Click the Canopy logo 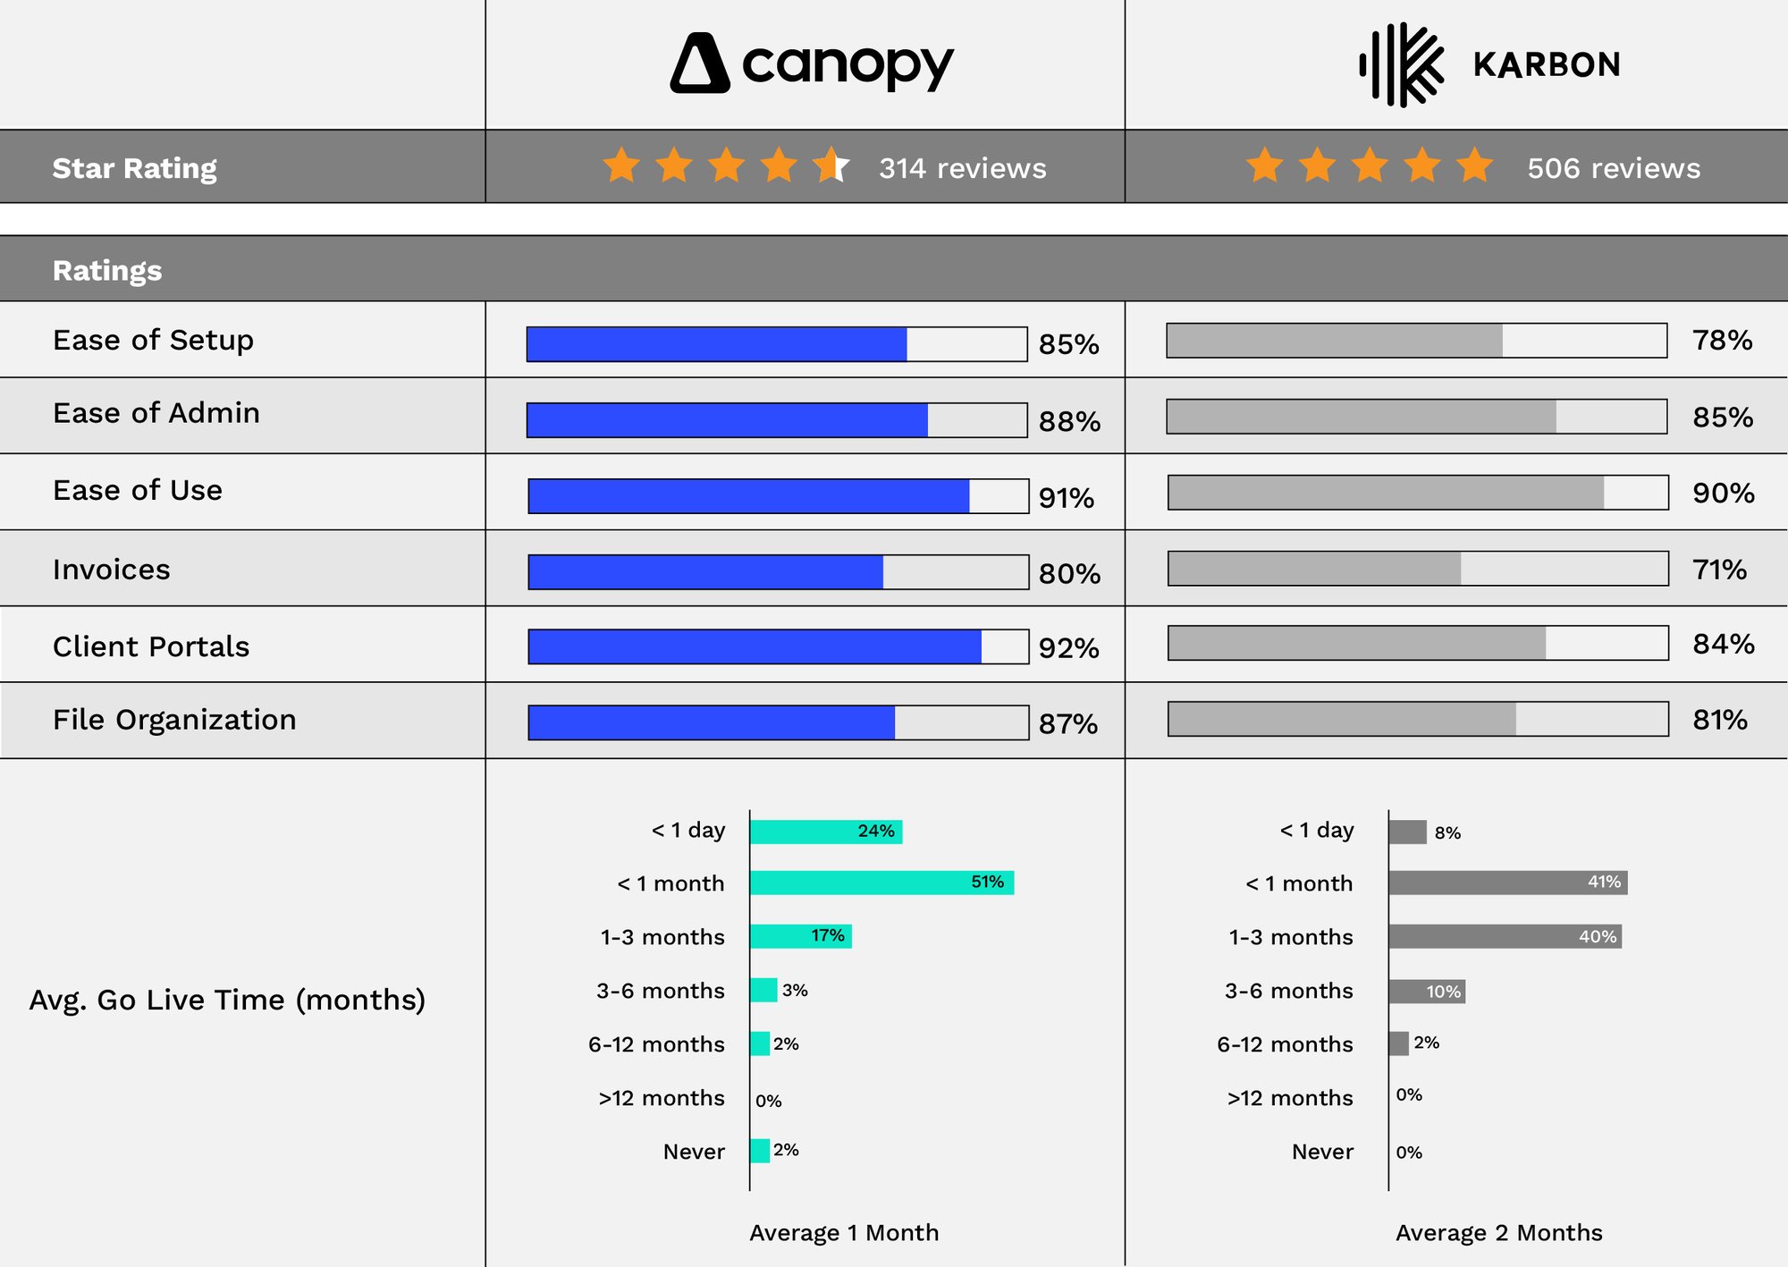(812, 63)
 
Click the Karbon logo (1489, 64)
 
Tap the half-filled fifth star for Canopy (831, 165)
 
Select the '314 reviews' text (962, 168)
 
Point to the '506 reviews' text (1613, 168)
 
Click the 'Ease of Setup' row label (153, 340)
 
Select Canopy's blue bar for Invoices (705, 572)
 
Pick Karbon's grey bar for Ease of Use (1386, 493)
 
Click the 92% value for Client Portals (1068, 648)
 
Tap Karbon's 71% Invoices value (1719, 570)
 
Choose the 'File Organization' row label (174, 720)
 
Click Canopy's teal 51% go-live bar (881, 883)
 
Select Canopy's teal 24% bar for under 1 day (825, 832)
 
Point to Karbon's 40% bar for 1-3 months (1505, 936)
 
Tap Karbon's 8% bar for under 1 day (1407, 832)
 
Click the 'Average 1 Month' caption (844, 1233)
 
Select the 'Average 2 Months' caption (1498, 1233)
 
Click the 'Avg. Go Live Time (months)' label (227, 1000)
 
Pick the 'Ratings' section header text (107, 270)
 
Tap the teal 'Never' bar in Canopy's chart (760, 1151)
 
